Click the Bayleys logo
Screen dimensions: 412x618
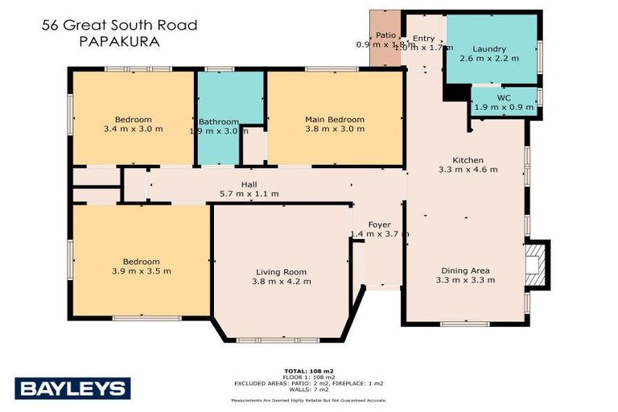click(x=72, y=389)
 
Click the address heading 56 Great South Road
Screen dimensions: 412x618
click(x=119, y=26)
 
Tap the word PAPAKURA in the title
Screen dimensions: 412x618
click(x=119, y=40)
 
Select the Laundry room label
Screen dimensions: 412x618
click(x=489, y=48)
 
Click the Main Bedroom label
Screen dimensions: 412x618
click(x=334, y=119)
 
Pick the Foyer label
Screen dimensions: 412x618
click(x=379, y=225)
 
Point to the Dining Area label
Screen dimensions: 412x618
click(x=465, y=270)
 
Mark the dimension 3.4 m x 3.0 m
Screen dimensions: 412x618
click(x=133, y=128)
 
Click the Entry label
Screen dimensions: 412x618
click(x=424, y=38)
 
